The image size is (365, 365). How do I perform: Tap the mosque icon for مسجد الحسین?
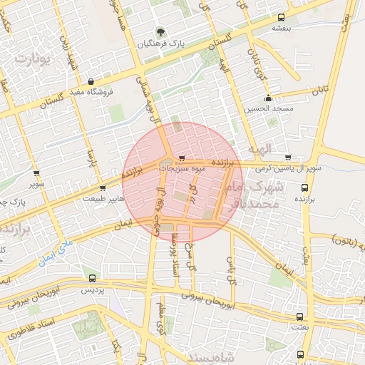point(268,98)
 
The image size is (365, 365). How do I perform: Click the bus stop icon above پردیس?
point(91,278)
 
